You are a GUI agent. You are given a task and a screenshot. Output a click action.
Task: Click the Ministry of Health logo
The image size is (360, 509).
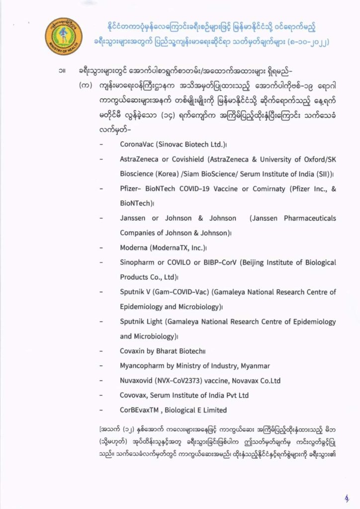(x=61, y=34)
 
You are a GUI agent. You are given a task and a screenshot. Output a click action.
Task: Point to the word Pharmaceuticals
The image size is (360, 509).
(x=307, y=218)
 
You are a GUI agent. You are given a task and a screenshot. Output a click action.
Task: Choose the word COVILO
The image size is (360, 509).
(x=183, y=262)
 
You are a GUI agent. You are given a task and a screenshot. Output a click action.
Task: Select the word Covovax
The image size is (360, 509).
(x=134, y=395)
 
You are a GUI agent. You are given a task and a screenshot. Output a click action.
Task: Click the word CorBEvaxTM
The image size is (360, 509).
(x=141, y=410)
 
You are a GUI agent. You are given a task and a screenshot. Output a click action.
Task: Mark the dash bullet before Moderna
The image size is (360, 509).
(x=101, y=248)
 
